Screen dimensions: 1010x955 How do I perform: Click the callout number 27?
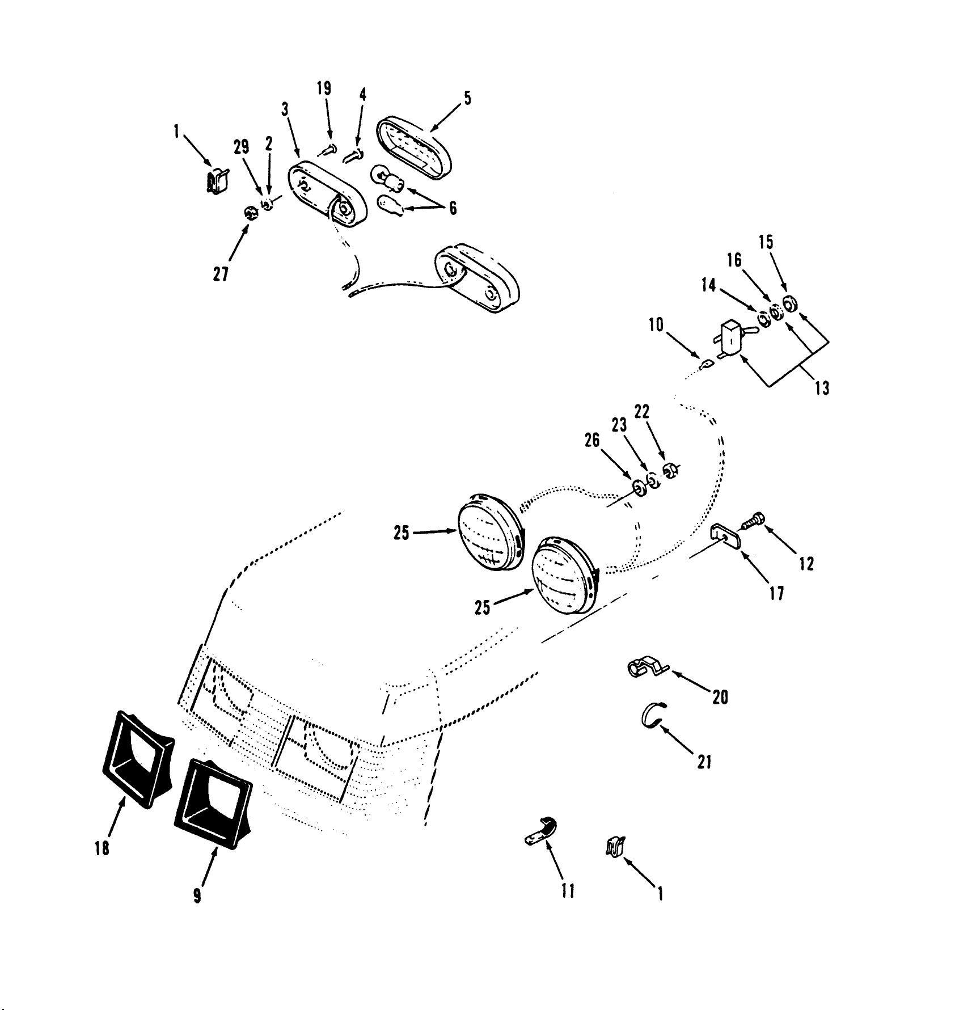tap(221, 274)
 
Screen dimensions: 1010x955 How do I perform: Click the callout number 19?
tap(324, 89)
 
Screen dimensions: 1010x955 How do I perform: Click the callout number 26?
tap(591, 441)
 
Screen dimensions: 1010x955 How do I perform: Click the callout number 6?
tap(453, 208)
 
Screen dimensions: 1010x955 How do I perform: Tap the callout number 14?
tap(708, 285)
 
